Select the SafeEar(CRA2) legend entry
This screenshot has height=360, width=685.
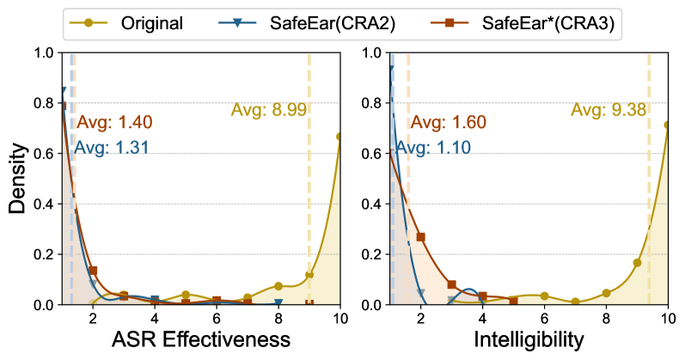[x=341, y=22]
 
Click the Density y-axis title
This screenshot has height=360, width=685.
[x=19, y=179]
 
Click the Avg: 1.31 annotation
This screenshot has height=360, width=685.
[x=112, y=147]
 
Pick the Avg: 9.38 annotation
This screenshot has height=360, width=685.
[x=609, y=109]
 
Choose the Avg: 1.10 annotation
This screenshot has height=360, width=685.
[x=434, y=148]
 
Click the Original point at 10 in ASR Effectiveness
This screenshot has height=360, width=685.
[x=340, y=136]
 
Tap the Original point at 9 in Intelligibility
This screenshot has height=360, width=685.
[x=637, y=263]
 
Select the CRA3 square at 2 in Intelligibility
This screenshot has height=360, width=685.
[x=421, y=237]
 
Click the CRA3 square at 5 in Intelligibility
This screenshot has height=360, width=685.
[x=513, y=301]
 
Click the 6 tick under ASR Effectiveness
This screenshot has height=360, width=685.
[x=217, y=315]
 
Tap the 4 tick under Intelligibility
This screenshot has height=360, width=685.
[x=483, y=315]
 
